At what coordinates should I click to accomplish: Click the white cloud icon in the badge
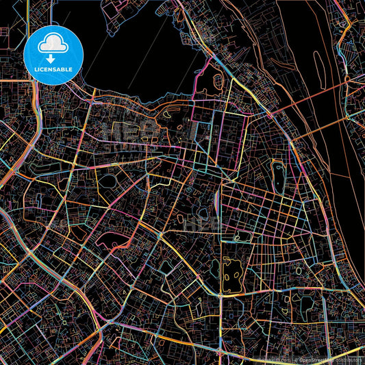53,44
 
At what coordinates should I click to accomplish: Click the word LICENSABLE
53,70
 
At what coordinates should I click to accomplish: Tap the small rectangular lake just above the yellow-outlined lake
239,238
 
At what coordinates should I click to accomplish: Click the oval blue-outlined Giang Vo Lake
108,181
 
